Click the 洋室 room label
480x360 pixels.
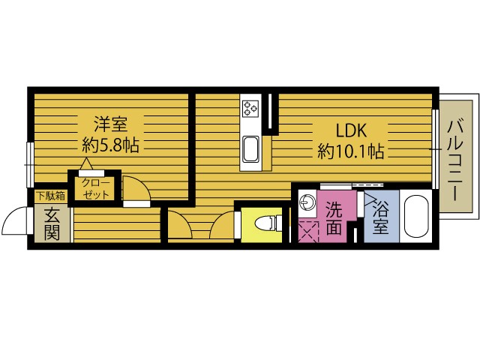pyautogui.click(x=110, y=124)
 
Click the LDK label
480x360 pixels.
pyautogui.click(x=351, y=130)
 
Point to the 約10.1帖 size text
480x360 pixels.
pyautogui.click(x=351, y=151)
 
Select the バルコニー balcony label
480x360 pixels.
pyautogui.click(x=455, y=160)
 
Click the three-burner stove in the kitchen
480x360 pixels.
pyautogui.click(x=250, y=108)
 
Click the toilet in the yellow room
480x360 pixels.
pyautogui.click(x=265, y=223)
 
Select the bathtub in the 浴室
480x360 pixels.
pyautogui.click(x=415, y=217)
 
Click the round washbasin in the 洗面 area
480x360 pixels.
pyautogui.click(x=307, y=202)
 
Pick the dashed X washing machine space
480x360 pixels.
pyautogui.click(x=307, y=231)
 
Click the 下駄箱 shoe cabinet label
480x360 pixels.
pyautogui.click(x=51, y=196)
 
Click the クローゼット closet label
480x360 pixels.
pyautogui.click(x=95, y=189)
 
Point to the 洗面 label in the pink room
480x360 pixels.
pyautogui.click(x=334, y=217)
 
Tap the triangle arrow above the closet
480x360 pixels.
pyautogui.click(x=86, y=163)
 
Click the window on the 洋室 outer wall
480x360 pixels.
pyautogui.click(x=30, y=165)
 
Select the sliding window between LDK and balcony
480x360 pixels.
pyautogui.click(x=435, y=148)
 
